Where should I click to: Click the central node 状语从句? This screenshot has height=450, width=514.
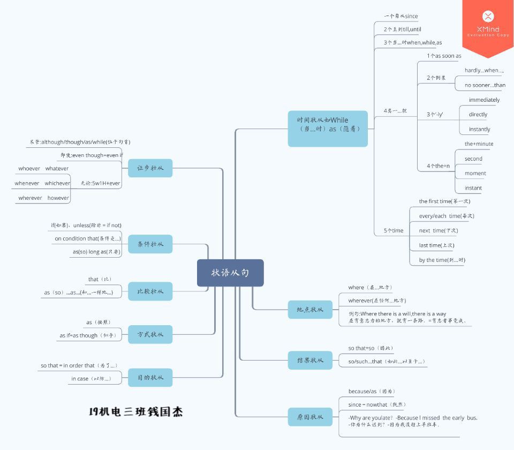coord(230,273)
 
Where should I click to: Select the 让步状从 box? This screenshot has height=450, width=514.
coord(150,168)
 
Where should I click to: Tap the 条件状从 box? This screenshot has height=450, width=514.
coord(150,244)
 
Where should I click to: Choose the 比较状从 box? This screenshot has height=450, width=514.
coord(150,291)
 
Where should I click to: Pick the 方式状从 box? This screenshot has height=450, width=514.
coord(150,334)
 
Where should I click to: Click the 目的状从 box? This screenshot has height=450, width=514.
coord(150,377)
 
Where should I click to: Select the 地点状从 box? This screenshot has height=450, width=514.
coord(310,309)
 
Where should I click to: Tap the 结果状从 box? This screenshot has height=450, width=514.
coord(310,360)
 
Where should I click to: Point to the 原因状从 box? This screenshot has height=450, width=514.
coord(310,416)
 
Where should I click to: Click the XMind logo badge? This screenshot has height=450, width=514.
coord(488,24)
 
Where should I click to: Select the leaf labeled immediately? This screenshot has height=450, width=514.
coord(484,100)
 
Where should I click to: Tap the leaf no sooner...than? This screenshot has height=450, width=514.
coord(485,85)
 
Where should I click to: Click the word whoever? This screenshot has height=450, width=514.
coord(29,168)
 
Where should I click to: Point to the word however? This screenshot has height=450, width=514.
coord(58,198)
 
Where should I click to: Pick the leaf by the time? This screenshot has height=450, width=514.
coord(442,260)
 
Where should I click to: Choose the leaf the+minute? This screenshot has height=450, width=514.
coord(479,144)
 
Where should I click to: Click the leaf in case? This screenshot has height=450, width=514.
coord(92,379)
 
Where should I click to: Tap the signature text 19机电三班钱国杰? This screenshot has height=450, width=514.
coord(136,412)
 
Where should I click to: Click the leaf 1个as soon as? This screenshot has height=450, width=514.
coord(444,56)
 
